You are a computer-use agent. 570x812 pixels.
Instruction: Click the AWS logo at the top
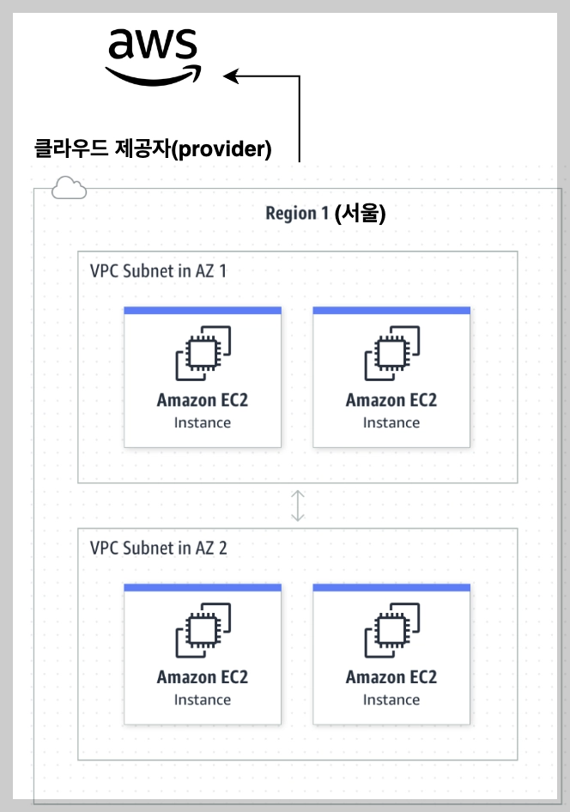(x=154, y=56)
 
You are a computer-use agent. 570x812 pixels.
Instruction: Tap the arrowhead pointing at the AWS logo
(x=231, y=76)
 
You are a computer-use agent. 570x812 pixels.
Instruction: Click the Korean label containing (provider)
(x=152, y=149)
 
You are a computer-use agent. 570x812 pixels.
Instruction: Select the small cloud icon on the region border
(x=69, y=187)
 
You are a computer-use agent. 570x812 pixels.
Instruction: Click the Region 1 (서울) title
(x=325, y=214)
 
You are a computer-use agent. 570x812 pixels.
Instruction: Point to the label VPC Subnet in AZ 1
(x=158, y=270)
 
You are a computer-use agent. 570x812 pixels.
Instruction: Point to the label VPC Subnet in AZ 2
(x=158, y=548)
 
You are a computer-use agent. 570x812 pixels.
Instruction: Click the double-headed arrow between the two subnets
(x=297, y=506)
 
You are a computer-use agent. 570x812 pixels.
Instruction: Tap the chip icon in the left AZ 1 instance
(x=203, y=353)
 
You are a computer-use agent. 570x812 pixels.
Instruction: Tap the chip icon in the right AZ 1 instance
(x=391, y=353)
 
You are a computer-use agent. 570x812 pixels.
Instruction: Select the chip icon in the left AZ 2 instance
(x=203, y=630)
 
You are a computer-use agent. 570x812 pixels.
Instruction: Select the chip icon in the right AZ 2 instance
(x=391, y=630)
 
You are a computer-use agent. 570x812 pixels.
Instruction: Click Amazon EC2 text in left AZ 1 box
(x=203, y=400)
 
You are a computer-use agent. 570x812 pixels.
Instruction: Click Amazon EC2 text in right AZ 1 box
(x=391, y=400)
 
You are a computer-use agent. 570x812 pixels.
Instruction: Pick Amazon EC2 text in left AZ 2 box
(x=203, y=677)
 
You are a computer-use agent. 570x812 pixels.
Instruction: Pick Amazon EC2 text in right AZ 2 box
(x=391, y=677)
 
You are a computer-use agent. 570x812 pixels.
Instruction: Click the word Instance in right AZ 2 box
(x=391, y=700)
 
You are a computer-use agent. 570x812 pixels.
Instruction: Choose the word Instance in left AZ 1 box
(x=203, y=422)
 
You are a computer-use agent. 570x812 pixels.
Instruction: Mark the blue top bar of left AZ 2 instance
(x=203, y=588)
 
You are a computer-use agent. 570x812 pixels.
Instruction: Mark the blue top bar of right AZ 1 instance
(x=391, y=311)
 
